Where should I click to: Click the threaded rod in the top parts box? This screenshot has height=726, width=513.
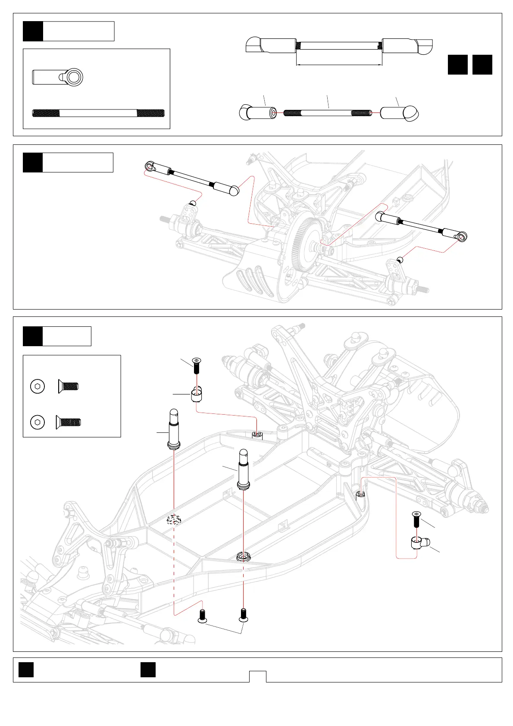[x=98, y=113]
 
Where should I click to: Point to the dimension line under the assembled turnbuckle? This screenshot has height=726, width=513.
[x=339, y=65]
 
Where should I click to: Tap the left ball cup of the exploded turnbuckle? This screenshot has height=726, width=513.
[x=258, y=113]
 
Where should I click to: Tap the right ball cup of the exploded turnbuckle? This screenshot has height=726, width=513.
[x=399, y=113]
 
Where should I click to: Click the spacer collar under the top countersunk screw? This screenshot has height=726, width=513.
[x=197, y=395]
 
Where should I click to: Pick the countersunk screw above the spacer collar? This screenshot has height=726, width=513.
[x=197, y=365]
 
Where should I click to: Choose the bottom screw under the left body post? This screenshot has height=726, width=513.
[x=202, y=616]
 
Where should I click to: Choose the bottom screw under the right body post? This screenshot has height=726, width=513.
[x=244, y=615]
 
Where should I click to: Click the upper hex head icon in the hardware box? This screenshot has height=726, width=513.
[x=38, y=386]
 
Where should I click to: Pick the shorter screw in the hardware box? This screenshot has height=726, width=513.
[x=68, y=386]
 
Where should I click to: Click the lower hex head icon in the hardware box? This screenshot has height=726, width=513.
[x=38, y=422]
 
